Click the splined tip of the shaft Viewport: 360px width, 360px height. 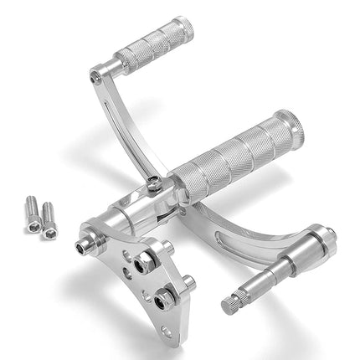click(x=229, y=301)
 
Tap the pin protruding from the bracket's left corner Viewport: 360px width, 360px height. click(x=83, y=247)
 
